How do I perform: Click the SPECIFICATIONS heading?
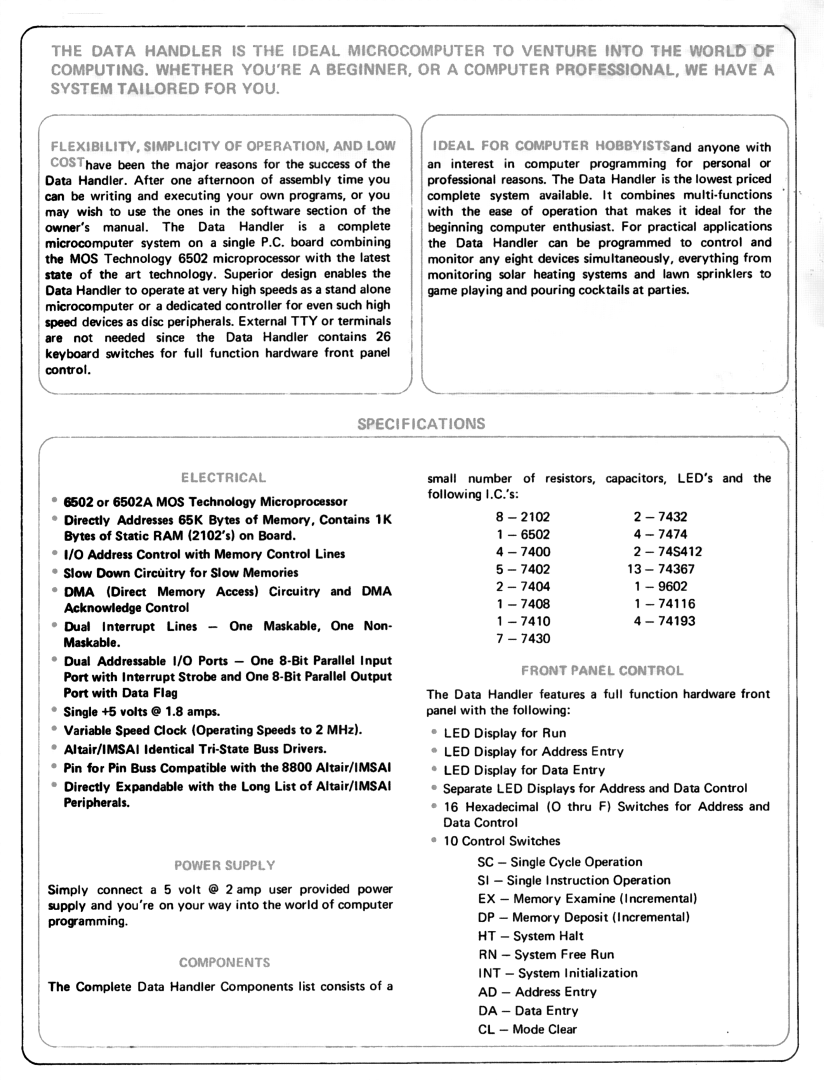tap(421, 424)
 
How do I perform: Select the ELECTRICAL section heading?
tap(223, 478)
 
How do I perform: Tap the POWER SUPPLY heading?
tap(225, 865)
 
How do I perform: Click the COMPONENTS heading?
tap(224, 962)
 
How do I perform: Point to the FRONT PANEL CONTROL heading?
tap(602, 671)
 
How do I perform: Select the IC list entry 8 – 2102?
tap(522, 517)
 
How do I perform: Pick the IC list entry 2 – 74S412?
tap(668, 552)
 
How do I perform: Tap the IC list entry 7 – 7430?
tap(523, 639)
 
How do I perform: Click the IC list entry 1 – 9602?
tap(661, 586)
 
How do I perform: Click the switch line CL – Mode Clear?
tap(527, 1029)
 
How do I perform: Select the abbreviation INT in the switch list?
tap(489, 973)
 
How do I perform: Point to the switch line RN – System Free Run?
tap(546, 954)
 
